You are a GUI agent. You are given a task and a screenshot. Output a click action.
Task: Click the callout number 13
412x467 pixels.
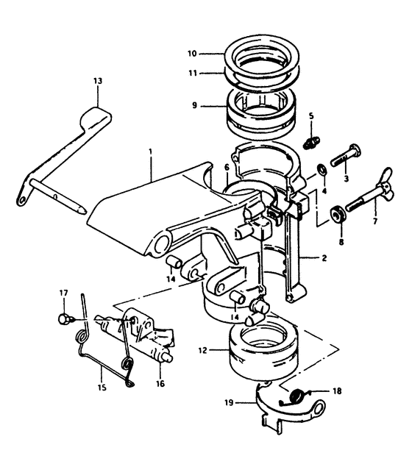[x=98, y=81]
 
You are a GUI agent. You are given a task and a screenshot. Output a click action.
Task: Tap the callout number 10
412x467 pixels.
[x=192, y=54]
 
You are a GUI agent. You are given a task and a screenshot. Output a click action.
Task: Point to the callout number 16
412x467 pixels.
[x=160, y=384]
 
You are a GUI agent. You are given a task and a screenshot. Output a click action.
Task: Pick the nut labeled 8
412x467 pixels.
[x=338, y=213]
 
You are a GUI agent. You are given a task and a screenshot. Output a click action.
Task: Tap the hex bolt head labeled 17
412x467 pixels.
[x=63, y=320]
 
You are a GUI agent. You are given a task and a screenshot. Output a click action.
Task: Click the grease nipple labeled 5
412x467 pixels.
[x=311, y=142]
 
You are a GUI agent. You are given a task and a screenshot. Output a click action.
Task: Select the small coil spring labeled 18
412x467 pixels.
[x=298, y=396]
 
